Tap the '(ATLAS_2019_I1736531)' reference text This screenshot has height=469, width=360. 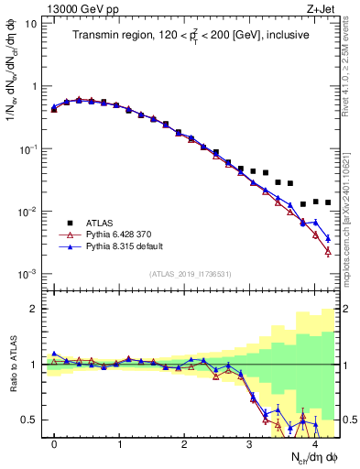point(190,274)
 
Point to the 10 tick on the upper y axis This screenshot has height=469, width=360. point(30,23)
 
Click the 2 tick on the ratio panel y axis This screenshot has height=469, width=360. point(33,309)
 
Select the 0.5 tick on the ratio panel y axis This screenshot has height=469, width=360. point(28,420)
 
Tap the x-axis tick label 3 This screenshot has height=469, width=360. point(250,444)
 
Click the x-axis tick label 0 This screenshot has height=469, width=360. point(54,444)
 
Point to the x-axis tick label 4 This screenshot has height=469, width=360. point(315,444)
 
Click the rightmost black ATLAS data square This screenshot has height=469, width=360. point(327,202)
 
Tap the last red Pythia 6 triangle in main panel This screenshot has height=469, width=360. point(327,251)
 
